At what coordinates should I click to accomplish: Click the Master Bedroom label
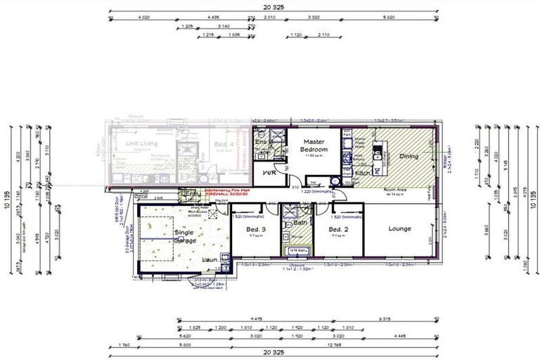coord(313,146)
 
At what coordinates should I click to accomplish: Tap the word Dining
coord(409,156)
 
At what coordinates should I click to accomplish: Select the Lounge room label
coord(399,229)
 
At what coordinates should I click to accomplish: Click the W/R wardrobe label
coord(268,172)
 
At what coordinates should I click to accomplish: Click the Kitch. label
coord(362,172)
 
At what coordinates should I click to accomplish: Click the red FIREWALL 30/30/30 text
coord(230,193)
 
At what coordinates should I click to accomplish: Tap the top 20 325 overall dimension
coord(271,8)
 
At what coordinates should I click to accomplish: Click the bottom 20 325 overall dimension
coord(271,351)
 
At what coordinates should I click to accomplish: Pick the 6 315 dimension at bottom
coord(385,320)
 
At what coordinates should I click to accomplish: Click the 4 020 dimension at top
coord(145,16)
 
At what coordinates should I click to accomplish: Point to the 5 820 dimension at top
coord(387,16)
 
